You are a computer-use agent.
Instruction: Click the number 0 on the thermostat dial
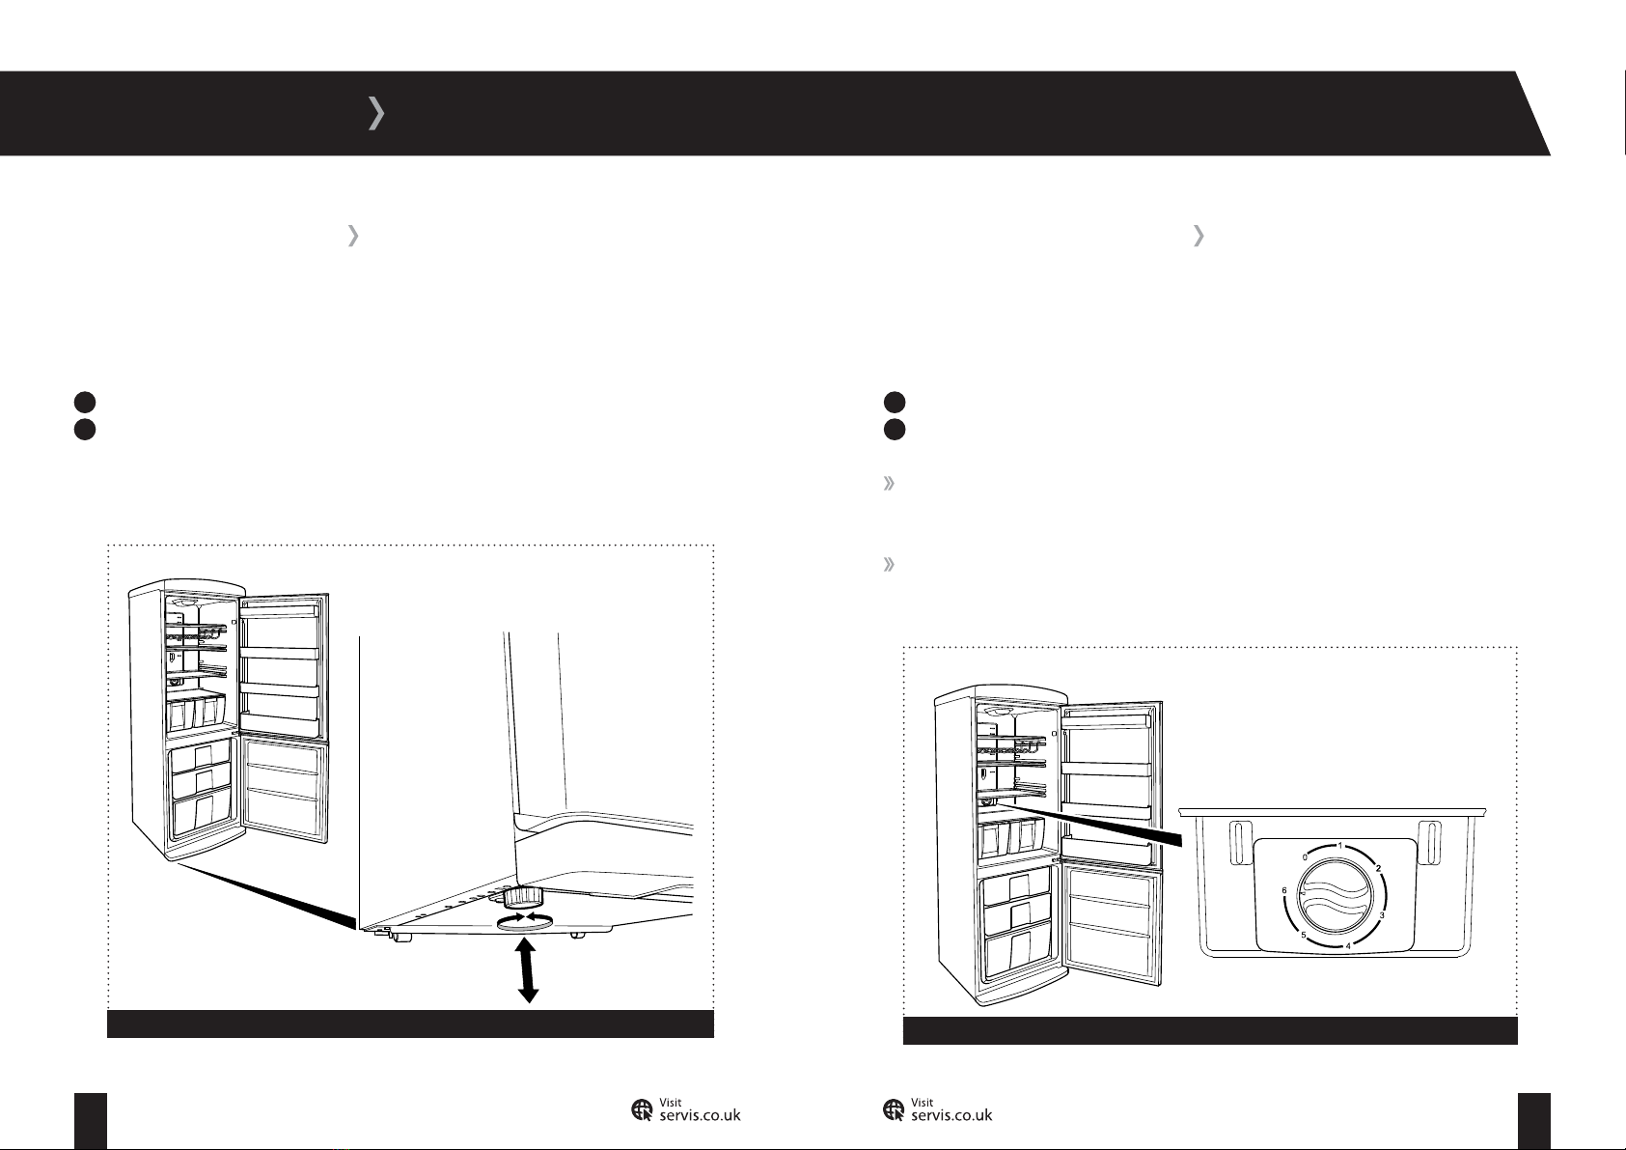click(x=1305, y=857)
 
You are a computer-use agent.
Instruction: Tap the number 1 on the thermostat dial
click(x=1340, y=846)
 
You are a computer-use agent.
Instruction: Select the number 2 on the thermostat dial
click(x=1378, y=868)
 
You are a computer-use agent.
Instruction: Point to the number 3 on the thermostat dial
click(x=1381, y=915)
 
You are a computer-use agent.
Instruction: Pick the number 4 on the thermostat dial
click(x=1348, y=946)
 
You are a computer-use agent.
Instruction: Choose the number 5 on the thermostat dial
click(x=1303, y=935)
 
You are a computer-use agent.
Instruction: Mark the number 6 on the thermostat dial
click(x=1284, y=890)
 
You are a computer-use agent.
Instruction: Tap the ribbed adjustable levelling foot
click(x=517, y=897)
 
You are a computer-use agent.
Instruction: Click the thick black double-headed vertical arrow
click(x=527, y=970)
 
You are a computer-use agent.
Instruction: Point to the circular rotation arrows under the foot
click(x=524, y=920)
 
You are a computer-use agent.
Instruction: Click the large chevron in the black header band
click(x=376, y=113)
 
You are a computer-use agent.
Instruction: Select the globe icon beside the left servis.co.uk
click(x=642, y=1110)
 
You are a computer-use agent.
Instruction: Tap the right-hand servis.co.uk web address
click(x=951, y=1115)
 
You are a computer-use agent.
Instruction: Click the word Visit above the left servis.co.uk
click(x=670, y=1102)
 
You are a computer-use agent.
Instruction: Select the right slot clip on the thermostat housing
click(x=1429, y=844)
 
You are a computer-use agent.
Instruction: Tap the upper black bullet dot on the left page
click(x=85, y=402)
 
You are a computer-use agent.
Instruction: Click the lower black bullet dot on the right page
click(x=895, y=430)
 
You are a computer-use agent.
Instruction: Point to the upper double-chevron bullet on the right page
click(x=889, y=484)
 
